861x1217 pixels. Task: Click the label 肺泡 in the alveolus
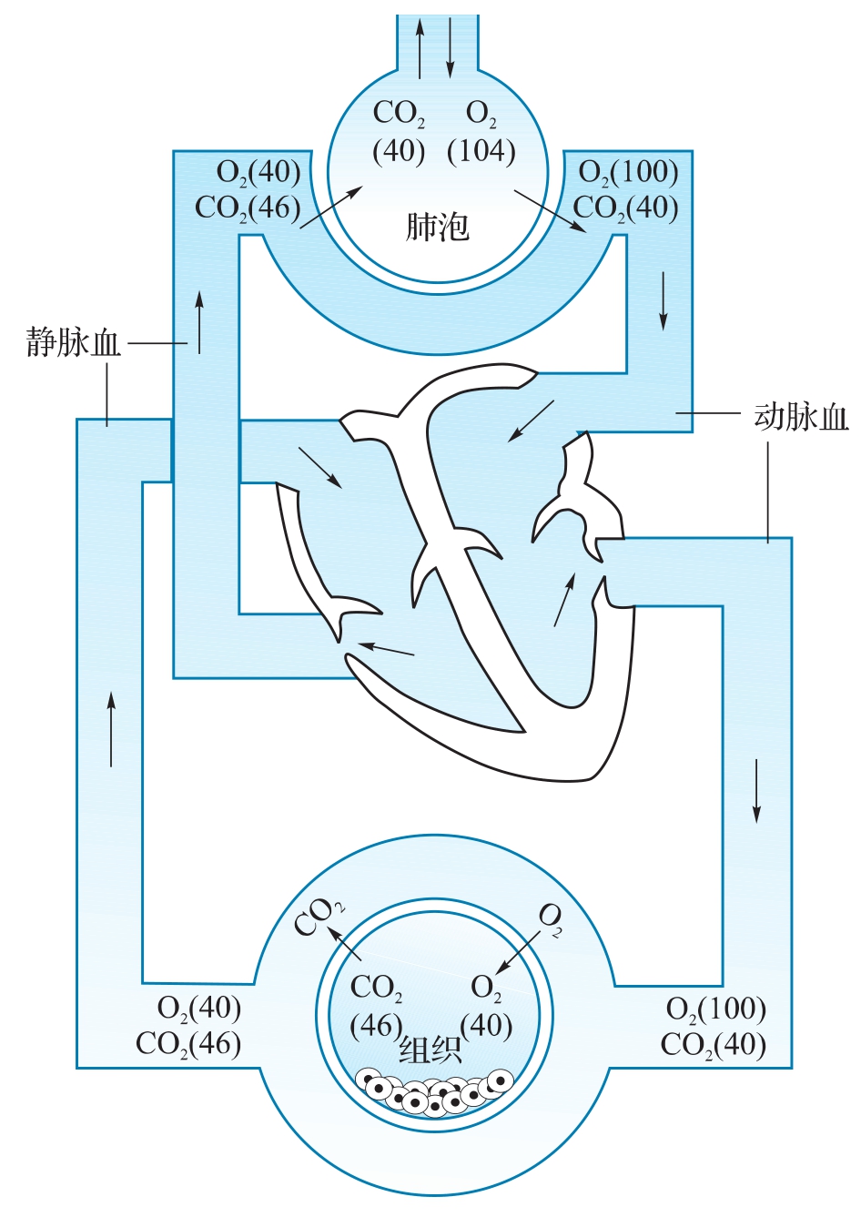tap(437, 227)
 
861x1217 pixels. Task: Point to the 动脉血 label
tap(801, 417)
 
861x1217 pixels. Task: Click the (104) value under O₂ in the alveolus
tap(481, 152)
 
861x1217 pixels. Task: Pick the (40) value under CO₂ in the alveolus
tap(398, 152)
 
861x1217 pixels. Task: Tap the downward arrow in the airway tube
tap(450, 47)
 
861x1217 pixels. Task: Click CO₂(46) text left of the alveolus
tap(248, 208)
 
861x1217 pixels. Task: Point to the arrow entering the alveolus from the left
tap(331, 206)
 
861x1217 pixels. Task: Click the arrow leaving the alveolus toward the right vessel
tap(550, 211)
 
